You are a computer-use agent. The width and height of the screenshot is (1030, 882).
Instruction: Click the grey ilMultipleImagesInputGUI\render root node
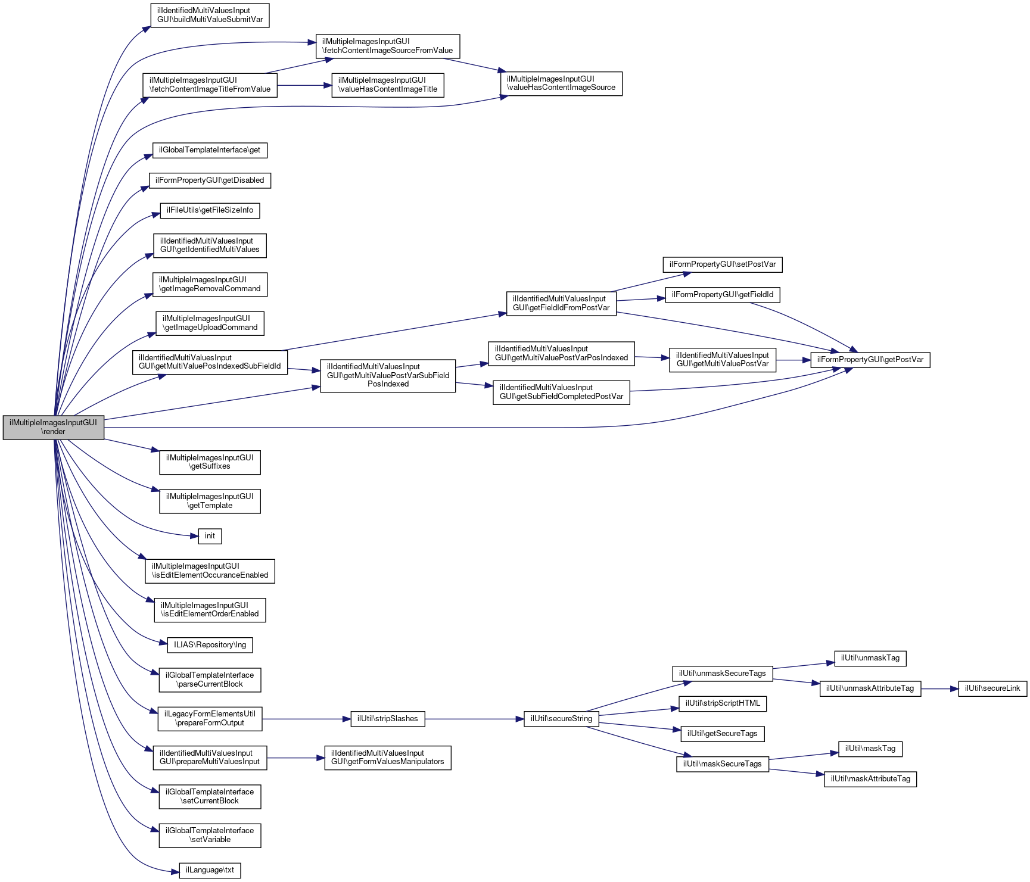53,427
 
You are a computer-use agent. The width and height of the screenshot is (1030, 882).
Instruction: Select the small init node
210,536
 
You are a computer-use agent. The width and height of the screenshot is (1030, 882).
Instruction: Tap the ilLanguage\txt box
210,870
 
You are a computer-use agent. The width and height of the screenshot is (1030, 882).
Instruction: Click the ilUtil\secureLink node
992,688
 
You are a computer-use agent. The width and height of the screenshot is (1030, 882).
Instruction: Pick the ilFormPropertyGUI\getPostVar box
870,360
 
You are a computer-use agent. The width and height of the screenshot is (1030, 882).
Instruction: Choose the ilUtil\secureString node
561,719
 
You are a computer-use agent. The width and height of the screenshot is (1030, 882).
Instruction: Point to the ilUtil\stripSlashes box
388,719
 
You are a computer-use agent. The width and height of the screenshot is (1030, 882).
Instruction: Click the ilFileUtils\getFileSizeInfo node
210,210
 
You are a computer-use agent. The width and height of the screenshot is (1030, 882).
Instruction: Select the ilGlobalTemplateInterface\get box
210,150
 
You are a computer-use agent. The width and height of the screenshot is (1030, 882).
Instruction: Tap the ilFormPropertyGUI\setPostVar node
722,264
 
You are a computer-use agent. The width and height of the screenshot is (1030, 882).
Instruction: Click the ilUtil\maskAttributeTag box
870,779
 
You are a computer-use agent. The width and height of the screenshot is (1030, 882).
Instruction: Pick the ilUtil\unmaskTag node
870,658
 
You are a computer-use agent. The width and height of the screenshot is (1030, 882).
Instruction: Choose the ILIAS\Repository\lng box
210,645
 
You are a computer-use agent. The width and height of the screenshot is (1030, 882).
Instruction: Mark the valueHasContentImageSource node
561,83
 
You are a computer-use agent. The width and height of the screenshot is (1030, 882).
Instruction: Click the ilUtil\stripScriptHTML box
722,703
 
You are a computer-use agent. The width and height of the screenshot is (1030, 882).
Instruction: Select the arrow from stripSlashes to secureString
474,719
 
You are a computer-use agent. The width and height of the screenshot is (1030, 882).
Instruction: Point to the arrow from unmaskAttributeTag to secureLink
939,688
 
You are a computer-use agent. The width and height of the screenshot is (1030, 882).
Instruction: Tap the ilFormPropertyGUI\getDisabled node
210,180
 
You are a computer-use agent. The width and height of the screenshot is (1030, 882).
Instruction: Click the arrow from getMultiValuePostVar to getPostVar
793,360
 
